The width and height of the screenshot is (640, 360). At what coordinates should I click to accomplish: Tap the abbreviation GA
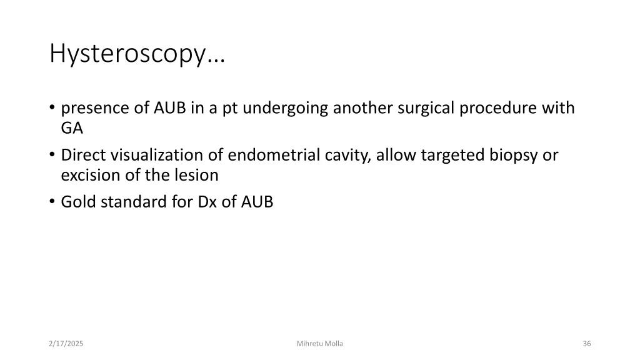point(72,129)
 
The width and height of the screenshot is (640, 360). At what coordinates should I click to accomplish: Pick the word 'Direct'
point(84,156)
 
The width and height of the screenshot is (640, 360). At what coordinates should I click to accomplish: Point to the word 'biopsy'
point(514,156)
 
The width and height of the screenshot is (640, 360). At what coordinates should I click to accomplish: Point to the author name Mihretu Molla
point(320,344)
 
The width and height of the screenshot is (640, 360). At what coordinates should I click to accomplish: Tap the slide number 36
point(586,344)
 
